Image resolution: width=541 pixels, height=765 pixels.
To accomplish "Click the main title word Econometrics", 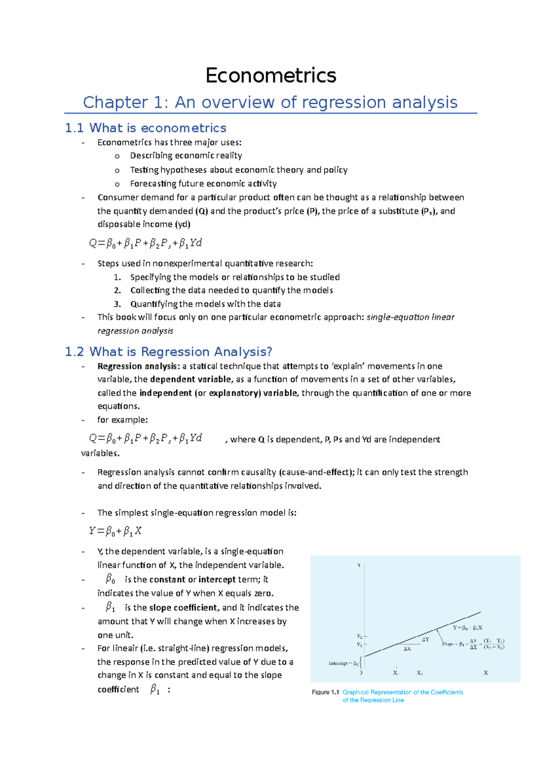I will point(270,75).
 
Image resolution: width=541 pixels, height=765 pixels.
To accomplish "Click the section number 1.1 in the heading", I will point(74,128).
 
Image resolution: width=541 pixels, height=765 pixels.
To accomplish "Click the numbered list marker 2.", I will point(117,290).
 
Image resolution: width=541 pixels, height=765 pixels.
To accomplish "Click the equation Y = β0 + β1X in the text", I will point(115,531).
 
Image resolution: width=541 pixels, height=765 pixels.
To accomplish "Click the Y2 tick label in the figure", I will point(359,636).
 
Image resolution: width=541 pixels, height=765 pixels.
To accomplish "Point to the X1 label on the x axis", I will point(395,673).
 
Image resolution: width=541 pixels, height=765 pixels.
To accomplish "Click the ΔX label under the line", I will point(407,649).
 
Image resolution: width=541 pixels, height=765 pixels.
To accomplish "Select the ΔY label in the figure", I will point(426,639).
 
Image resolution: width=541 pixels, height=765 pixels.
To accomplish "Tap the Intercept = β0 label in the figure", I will point(344,663).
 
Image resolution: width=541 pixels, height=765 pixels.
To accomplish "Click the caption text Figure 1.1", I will point(325,692).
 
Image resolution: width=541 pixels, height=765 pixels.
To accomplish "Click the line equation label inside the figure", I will point(468,628).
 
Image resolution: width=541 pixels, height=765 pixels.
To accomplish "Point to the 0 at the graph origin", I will point(361,673).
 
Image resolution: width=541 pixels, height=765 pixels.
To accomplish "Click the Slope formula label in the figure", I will point(472,644).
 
